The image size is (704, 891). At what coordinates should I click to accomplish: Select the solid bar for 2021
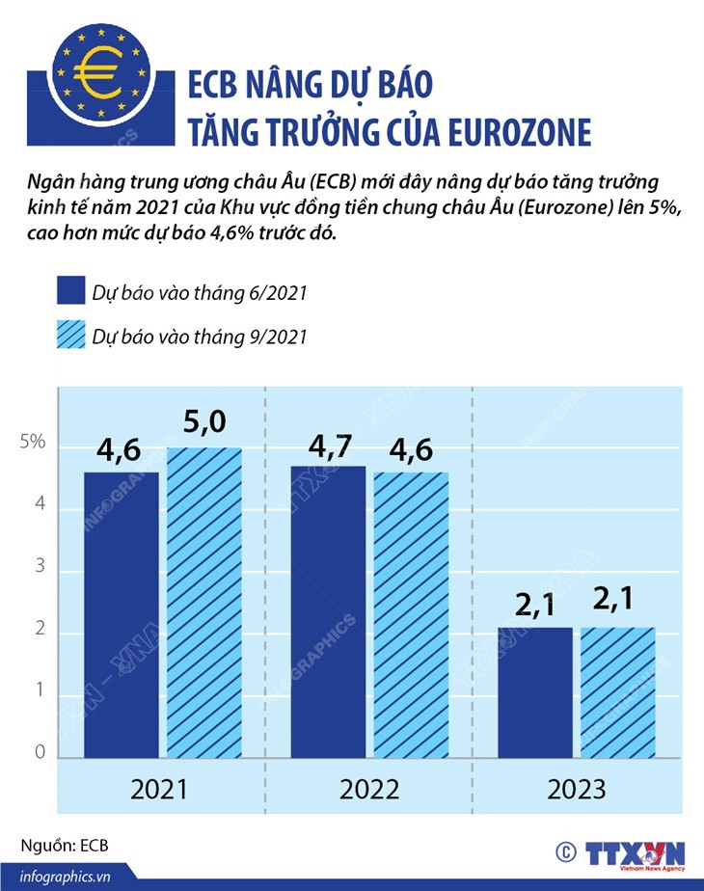121,614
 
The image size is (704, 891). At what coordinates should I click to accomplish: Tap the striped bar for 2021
204,603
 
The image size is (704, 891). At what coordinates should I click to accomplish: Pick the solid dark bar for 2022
328,611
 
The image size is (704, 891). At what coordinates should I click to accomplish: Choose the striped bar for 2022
411,614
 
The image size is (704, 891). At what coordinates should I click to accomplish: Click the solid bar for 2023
535,692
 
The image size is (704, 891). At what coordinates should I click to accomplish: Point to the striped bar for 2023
618,692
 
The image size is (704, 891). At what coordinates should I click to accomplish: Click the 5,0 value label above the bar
204,423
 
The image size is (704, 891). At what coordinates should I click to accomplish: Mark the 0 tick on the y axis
39,753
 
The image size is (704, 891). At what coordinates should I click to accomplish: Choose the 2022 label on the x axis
369,790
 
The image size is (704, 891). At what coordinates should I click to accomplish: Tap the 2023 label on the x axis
577,790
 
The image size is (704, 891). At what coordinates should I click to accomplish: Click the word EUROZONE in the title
521,132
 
